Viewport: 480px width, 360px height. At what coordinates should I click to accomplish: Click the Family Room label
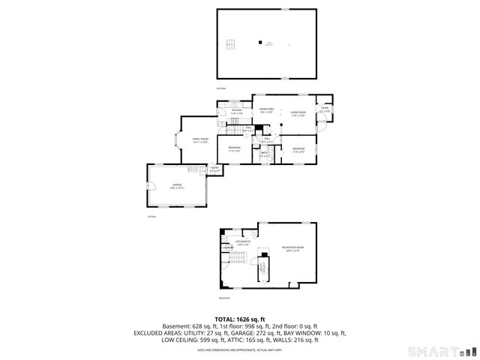click(x=199, y=140)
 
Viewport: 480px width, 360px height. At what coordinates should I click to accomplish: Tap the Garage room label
click(x=178, y=185)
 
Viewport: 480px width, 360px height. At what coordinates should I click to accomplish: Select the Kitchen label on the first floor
click(x=236, y=112)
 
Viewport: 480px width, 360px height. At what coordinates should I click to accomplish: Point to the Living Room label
click(x=298, y=114)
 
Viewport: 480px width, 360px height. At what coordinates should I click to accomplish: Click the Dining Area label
click(x=266, y=110)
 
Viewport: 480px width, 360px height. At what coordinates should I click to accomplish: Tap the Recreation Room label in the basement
click(x=292, y=249)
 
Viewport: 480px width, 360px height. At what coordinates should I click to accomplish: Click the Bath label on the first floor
click(x=264, y=154)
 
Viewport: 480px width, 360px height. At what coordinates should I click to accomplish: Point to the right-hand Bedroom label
click(x=298, y=148)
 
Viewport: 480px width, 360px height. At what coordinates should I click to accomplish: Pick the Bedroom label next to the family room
click(x=234, y=148)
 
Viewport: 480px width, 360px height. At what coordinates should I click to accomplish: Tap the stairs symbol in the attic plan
click(x=232, y=41)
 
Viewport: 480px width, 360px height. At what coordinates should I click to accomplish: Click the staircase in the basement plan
click(x=238, y=259)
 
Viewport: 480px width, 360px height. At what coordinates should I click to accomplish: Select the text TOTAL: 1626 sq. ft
click(x=240, y=319)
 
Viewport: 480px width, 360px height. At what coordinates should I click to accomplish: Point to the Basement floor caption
click(x=223, y=298)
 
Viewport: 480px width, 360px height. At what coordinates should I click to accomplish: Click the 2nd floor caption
click(x=221, y=88)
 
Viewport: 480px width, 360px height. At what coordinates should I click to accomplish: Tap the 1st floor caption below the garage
click(x=151, y=216)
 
